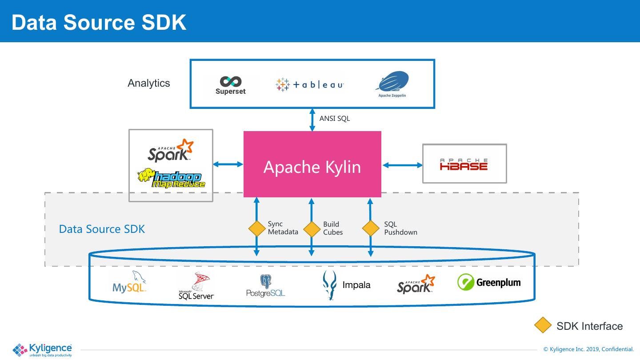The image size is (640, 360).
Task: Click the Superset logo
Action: pos(231,85)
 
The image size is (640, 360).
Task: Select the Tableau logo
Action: pos(310,84)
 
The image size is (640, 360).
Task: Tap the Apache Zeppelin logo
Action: pos(392,84)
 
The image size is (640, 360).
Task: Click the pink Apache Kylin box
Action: pos(312,164)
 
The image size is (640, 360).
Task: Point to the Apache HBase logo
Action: pos(464,164)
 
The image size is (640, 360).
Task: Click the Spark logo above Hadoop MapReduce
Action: pos(171,150)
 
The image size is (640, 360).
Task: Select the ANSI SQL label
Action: pos(335,119)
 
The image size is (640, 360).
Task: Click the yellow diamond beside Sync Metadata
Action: pos(257,228)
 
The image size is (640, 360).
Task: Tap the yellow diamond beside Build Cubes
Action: pos(312,229)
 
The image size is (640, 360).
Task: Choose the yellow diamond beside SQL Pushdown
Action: pos(371,228)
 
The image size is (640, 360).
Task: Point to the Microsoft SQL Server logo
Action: pos(196,285)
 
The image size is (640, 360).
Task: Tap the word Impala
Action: pos(356,285)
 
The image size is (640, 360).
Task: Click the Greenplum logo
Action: pos(488,282)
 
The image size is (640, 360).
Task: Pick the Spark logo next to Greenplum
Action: pos(416,284)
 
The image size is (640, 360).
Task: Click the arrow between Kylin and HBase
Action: pos(402,165)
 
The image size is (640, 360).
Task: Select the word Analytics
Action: pos(149,83)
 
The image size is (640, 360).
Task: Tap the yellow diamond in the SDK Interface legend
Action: pos(543,325)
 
